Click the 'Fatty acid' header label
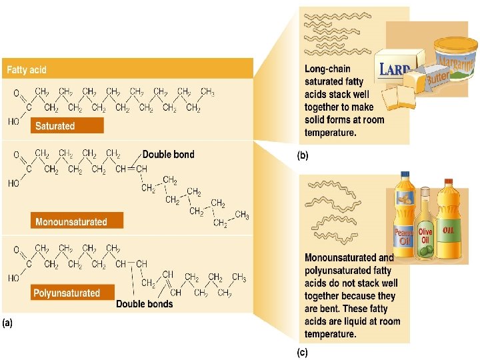point(27,69)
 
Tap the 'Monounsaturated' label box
point(70,221)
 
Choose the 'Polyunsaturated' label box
point(67,293)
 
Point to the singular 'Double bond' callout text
point(169,154)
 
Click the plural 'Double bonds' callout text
point(145,304)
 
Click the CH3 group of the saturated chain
point(208,91)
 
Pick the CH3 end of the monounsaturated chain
point(242,215)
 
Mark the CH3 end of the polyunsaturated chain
point(239,277)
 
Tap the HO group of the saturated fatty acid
point(13,121)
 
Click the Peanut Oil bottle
point(404,213)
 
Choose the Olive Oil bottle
point(425,227)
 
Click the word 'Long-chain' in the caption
point(327,69)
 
